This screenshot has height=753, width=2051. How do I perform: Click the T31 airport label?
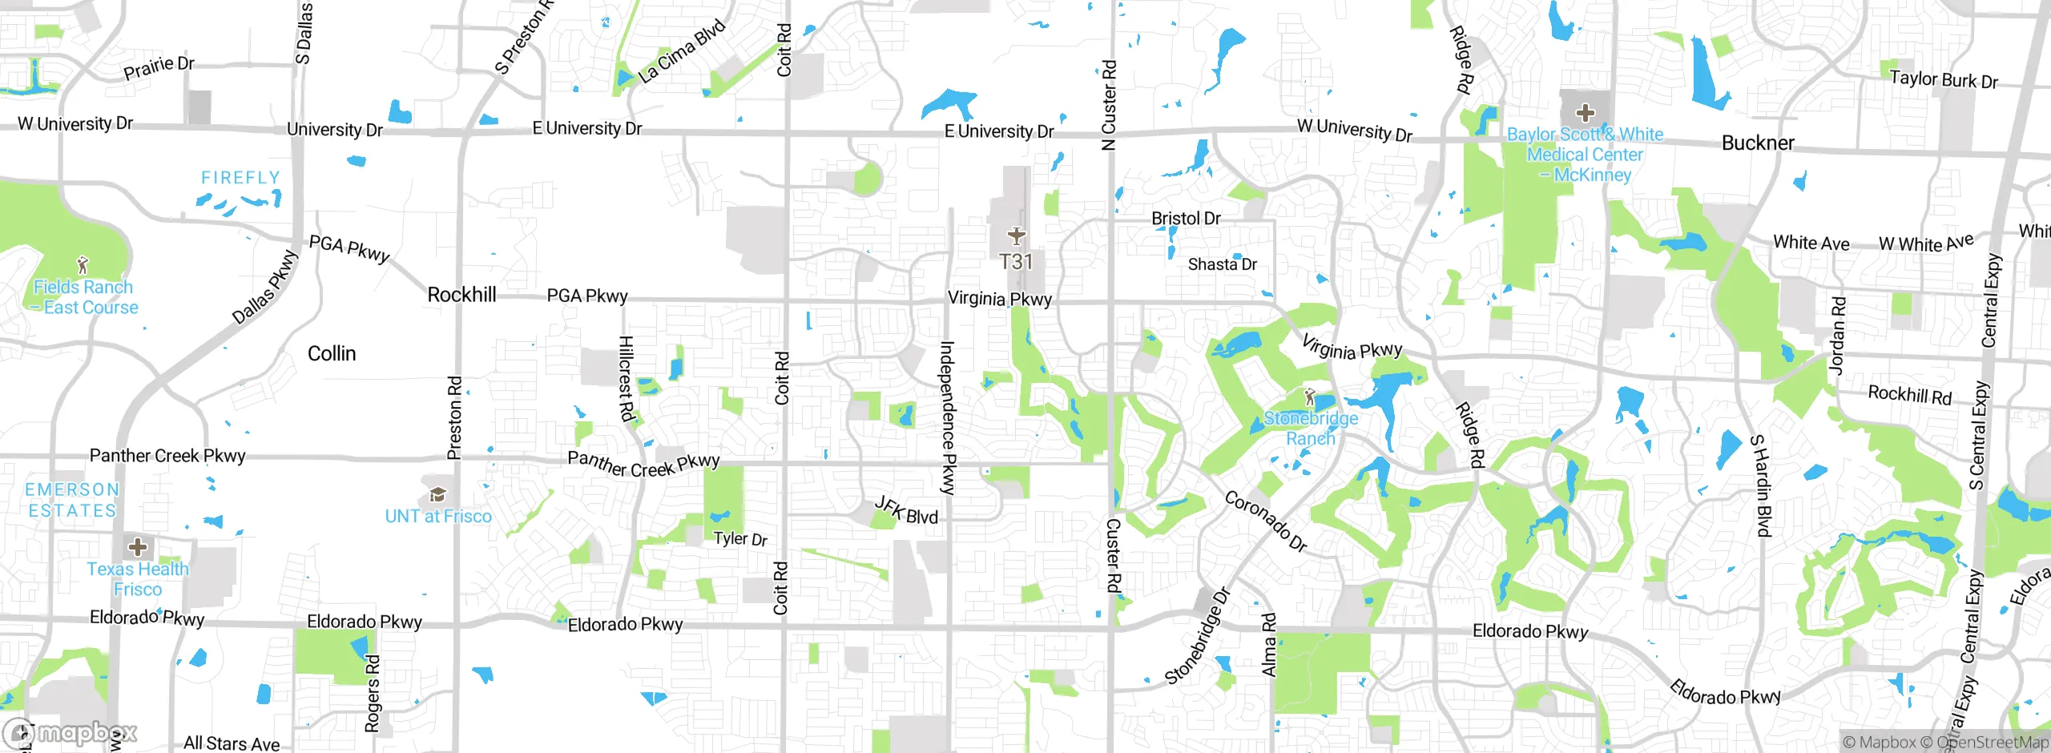click(x=1016, y=262)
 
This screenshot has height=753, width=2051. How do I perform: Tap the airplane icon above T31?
click(x=1016, y=236)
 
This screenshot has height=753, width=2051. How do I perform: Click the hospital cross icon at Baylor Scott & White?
click(x=1585, y=113)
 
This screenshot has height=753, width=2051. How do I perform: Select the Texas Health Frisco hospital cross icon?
click(x=138, y=547)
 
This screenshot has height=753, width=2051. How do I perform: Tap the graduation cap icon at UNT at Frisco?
click(x=437, y=494)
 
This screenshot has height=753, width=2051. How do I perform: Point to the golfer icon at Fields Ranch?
click(x=83, y=264)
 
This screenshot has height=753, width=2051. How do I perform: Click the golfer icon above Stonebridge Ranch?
click(x=1310, y=397)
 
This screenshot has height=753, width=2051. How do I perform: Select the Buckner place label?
click(x=1758, y=143)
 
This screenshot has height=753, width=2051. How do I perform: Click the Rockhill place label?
click(x=461, y=295)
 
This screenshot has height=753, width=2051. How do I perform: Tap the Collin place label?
click(x=332, y=353)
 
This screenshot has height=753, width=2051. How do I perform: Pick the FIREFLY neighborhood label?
click(x=240, y=178)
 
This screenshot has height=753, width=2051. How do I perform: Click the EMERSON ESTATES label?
click(x=72, y=500)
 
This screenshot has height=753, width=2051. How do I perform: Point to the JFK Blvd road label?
click(x=906, y=510)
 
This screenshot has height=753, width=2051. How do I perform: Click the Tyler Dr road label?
click(x=740, y=538)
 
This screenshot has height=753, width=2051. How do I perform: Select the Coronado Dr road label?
click(x=1266, y=521)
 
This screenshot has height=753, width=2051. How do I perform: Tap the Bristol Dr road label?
click(x=1186, y=218)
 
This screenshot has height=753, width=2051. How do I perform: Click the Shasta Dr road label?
click(x=1222, y=264)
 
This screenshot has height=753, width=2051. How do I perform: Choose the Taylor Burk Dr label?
click(x=1944, y=79)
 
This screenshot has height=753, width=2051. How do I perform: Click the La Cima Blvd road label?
click(x=682, y=51)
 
